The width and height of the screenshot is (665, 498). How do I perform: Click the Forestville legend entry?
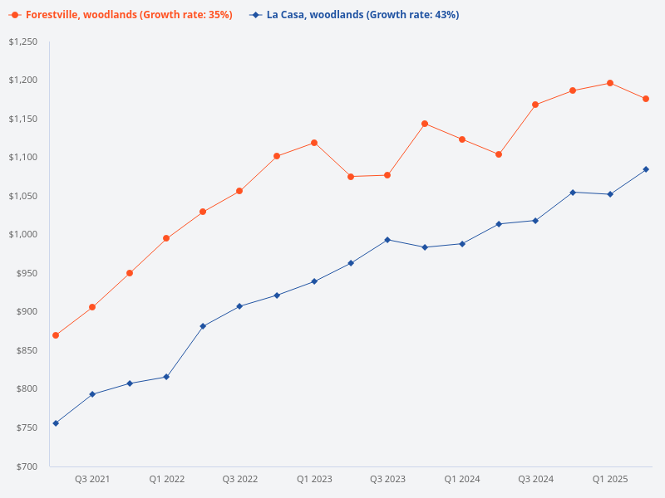click(x=121, y=15)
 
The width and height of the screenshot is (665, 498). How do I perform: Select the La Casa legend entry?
click(x=353, y=15)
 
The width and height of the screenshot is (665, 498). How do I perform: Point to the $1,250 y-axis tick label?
click(x=22, y=41)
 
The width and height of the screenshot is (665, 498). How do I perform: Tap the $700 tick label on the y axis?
click(x=27, y=466)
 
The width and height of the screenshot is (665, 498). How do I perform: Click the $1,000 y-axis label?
click(x=22, y=235)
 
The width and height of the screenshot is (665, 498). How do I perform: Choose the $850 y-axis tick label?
click(x=27, y=350)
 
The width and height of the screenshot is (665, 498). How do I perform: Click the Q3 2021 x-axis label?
click(x=92, y=480)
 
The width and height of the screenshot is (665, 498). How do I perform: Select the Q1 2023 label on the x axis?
click(x=314, y=480)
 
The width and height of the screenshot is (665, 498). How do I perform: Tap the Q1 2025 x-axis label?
click(x=610, y=480)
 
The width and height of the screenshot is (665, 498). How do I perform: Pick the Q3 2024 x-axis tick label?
click(x=536, y=480)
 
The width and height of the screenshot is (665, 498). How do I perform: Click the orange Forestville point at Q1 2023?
click(x=314, y=143)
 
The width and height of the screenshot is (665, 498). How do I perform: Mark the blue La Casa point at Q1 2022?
click(x=166, y=377)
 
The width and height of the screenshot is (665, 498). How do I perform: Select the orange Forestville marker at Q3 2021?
click(x=92, y=307)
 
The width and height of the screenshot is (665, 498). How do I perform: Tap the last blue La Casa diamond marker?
click(x=646, y=169)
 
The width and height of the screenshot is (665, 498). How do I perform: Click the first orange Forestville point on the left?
click(x=56, y=335)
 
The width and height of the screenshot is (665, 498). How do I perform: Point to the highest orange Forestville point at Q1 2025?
click(x=610, y=83)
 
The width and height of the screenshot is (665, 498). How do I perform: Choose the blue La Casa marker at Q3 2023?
click(x=387, y=240)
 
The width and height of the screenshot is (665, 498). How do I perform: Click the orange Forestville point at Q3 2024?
click(x=535, y=105)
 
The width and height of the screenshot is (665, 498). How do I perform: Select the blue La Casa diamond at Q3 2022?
click(x=239, y=306)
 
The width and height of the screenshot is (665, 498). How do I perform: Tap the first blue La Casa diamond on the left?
click(x=56, y=423)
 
